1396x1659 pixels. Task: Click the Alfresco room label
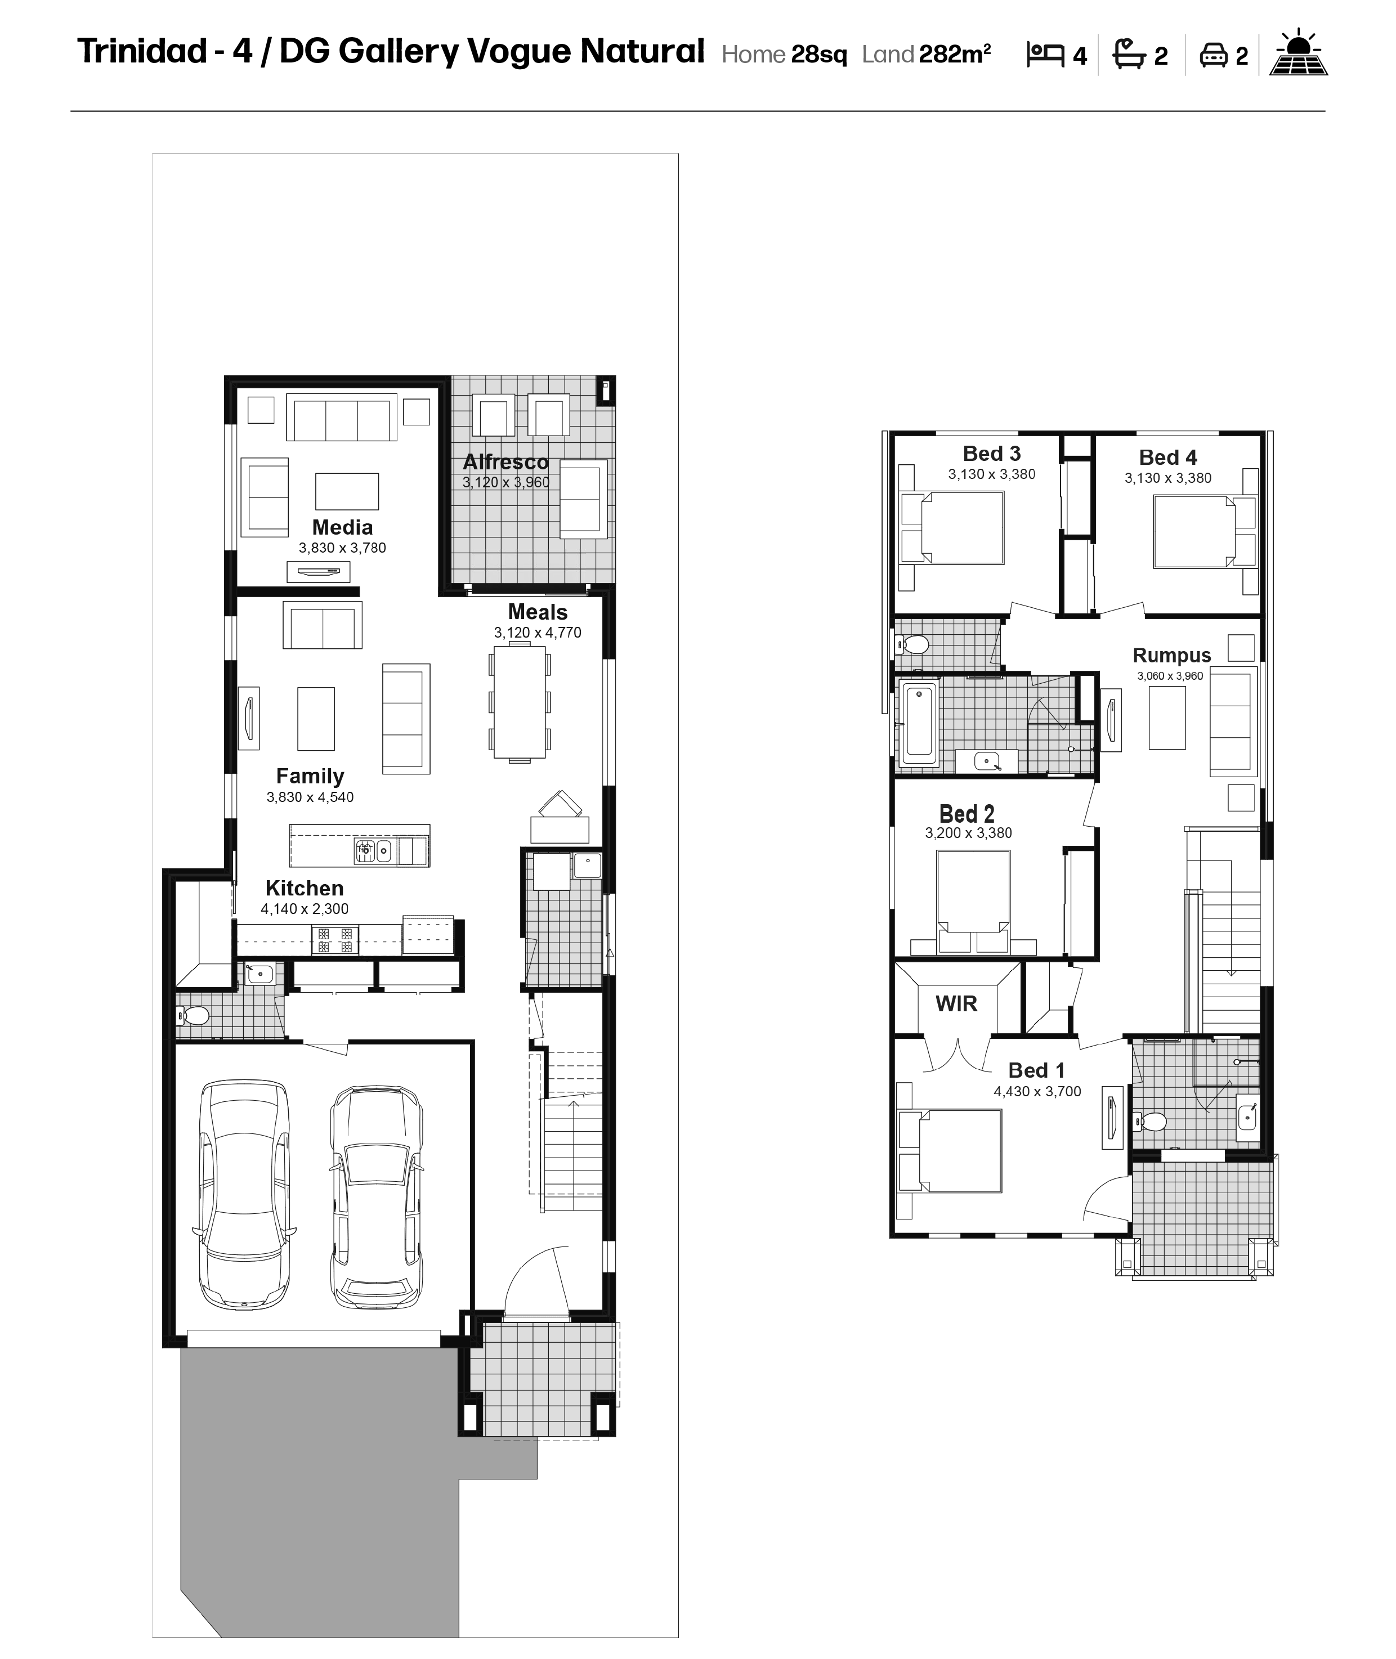pyautogui.click(x=505, y=462)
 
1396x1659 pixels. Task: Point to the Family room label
pyautogui.click(x=310, y=776)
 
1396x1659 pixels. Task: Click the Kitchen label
pyautogui.click(x=305, y=889)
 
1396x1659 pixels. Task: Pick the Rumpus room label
pyautogui.click(x=1171, y=656)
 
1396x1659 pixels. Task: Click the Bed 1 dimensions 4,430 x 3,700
pyautogui.click(x=1037, y=1092)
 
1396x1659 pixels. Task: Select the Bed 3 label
pyautogui.click(x=992, y=454)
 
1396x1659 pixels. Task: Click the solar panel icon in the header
pyautogui.click(x=1299, y=53)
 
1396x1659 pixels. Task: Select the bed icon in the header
pyautogui.click(x=1045, y=55)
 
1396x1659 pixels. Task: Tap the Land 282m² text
pyautogui.click(x=926, y=55)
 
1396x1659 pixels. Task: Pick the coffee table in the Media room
pyautogui.click(x=347, y=491)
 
